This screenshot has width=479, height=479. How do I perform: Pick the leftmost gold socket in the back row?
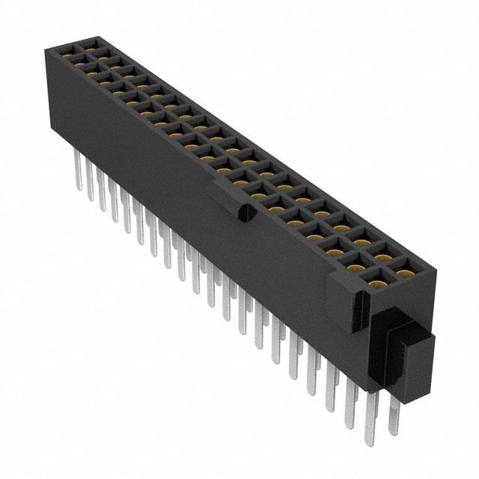pos(90,46)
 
